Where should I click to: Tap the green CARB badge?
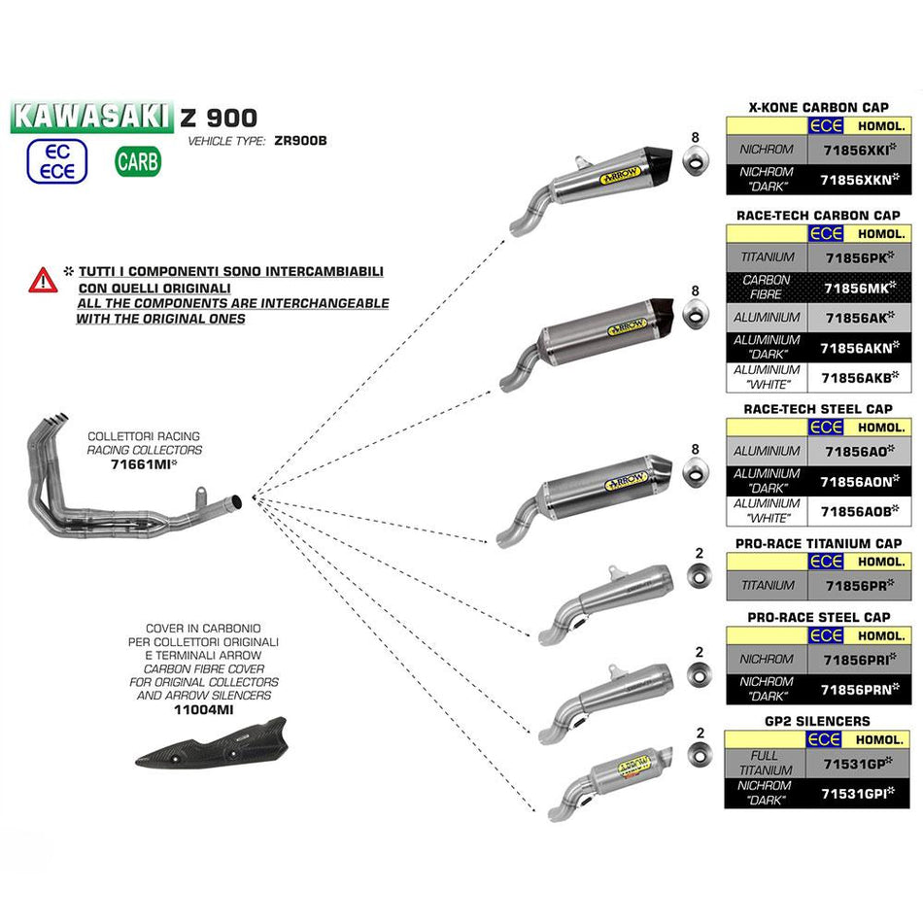[138, 161]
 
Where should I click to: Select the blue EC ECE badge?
[56, 161]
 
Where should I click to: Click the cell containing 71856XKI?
[859, 151]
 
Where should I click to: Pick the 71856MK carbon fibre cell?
[859, 288]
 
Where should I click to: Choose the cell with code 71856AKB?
[859, 377]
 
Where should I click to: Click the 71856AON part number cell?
[859, 481]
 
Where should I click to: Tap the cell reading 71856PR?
[859, 586]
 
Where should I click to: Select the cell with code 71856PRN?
[859, 689]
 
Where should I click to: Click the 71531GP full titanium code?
[859, 764]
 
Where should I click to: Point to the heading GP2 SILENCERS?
[819, 721]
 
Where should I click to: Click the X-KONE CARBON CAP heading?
[819, 107]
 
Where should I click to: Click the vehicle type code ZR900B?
[300, 140]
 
